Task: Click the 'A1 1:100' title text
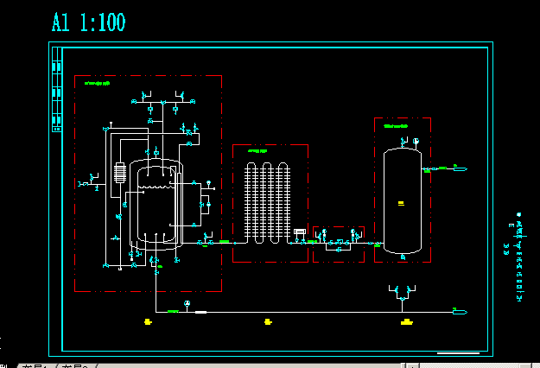pyautogui.click(x=88, y=22)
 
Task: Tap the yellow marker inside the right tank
pyautogui.click(x=401, y=203)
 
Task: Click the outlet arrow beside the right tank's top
pyautogui.click(x=461, y=168)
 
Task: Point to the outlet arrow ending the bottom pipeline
pyautogui.click(x=461, y=310)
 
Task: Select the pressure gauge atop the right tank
pyautogui.click(x=416, y=140)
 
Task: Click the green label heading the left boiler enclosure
pyautogui.click(x=97, y=84)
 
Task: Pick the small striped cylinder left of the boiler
pyautogui.click(x=118, y=173)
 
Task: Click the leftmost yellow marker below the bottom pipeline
pyautogui.click(x=149, y=322)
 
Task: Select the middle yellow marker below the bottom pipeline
pyautogui.click(x=269, y=322)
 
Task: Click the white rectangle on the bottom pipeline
pyautogui.click(x=200, y=311)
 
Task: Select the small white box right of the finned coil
pyautogui.click(x=300, y=231)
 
